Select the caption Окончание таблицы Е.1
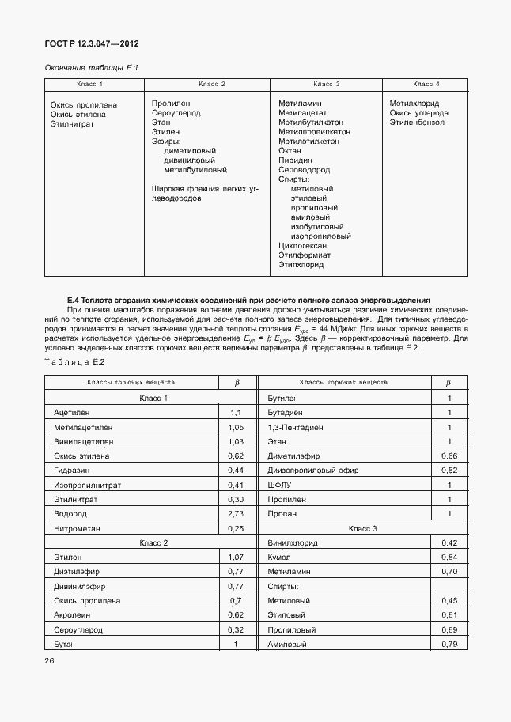point(91,69)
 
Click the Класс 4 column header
point(426,84)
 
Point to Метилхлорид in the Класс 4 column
point(414,104)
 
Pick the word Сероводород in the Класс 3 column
point(304,170)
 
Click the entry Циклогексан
point(303,246)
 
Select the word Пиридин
point(295,161)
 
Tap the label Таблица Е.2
point(74,361)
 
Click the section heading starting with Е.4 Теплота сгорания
point(249,301)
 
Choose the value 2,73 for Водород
point(235,512)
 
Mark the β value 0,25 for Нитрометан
point(235,528)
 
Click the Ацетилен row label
point(72,413)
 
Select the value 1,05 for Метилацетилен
point(235,427)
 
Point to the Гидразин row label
point(71,470)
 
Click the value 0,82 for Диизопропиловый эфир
point(449,470)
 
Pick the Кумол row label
point(280,557)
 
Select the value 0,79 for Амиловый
point(449,644)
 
